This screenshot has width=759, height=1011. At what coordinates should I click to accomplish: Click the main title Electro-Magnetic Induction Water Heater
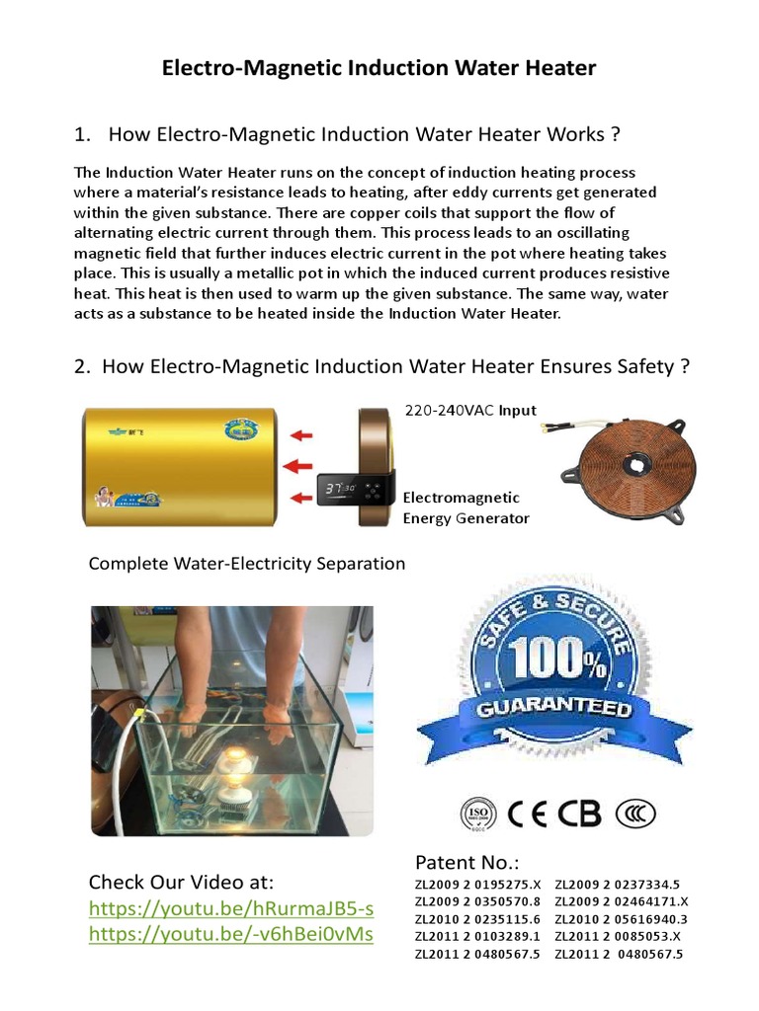click(x=379, y=68)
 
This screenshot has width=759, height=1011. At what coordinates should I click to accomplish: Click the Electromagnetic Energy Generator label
click(x=465, y=507)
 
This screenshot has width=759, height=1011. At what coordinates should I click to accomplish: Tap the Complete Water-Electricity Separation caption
click(x=247, y=564)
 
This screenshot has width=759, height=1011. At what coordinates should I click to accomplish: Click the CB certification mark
click(x=580, y=813)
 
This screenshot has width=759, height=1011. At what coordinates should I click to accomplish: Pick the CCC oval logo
click(x=635, y=813)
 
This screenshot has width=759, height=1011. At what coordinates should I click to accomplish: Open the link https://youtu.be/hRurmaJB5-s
click(x=231, y=907)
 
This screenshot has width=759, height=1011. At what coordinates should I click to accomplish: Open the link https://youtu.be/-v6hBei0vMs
click(x=231, y=933)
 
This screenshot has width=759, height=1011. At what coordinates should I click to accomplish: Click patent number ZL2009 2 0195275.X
click(x=477, y=885)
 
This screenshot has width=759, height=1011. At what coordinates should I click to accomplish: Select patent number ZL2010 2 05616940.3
click(x=621, y=919)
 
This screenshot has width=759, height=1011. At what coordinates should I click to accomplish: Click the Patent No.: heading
click(x=466, y=862)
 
